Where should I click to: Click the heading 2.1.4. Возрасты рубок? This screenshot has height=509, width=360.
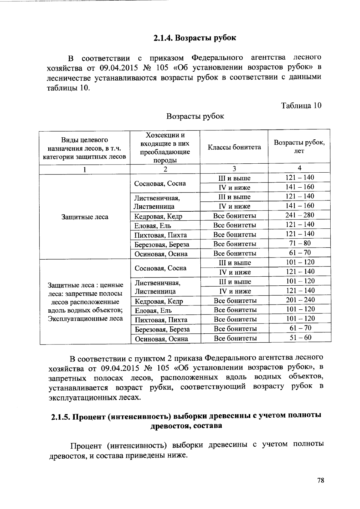[195, 38]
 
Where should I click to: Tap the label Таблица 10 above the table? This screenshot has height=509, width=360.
[301, 106]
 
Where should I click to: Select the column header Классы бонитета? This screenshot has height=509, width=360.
[234, 147]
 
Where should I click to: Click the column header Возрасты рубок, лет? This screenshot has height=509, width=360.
[299, 147]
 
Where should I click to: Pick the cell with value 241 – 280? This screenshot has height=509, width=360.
[299, 215]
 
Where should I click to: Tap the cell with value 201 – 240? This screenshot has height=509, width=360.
[300, 300]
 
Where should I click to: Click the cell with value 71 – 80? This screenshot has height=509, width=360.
[299, 243]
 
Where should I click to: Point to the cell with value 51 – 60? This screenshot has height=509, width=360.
[300, 338]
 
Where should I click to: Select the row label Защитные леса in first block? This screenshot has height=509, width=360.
[85, 217]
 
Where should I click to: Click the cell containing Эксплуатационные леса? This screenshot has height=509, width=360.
[85, 319]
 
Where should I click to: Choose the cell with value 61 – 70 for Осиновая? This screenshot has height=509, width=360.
[299, 253]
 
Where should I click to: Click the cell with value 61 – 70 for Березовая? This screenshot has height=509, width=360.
[300, 328]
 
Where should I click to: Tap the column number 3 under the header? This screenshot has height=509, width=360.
[234, 168]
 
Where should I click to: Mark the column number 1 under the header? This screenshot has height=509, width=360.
[85, 169]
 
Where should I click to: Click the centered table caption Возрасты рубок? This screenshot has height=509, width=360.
[195, 116]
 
